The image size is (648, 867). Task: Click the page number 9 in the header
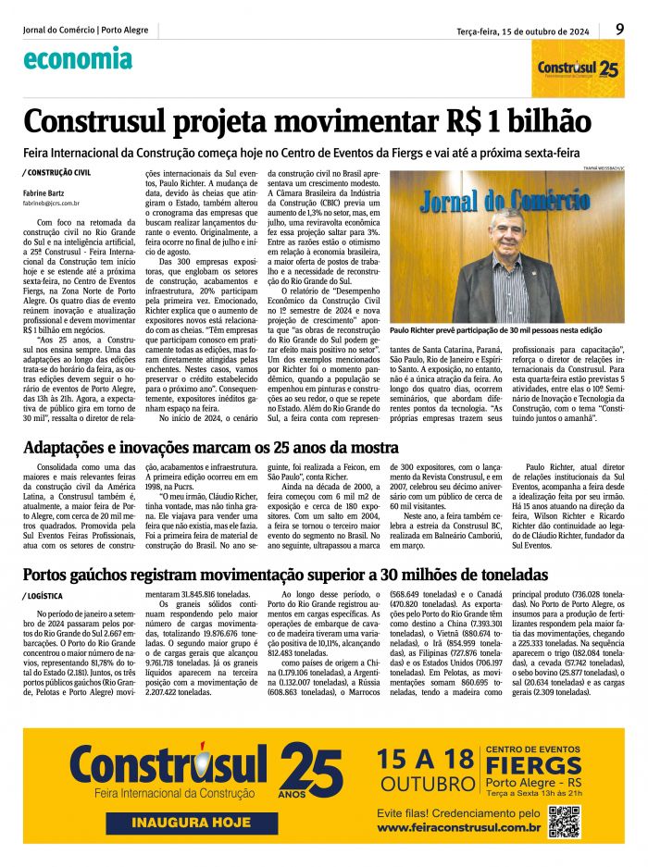tap(619, 29)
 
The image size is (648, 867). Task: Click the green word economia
tap(78, 59)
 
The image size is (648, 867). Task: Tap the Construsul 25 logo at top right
tap(578, 68)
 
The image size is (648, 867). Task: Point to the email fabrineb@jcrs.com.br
tap(52, 202)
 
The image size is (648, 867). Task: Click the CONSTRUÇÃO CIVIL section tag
tap(57, 172)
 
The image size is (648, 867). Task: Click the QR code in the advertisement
tap(564, 821)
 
